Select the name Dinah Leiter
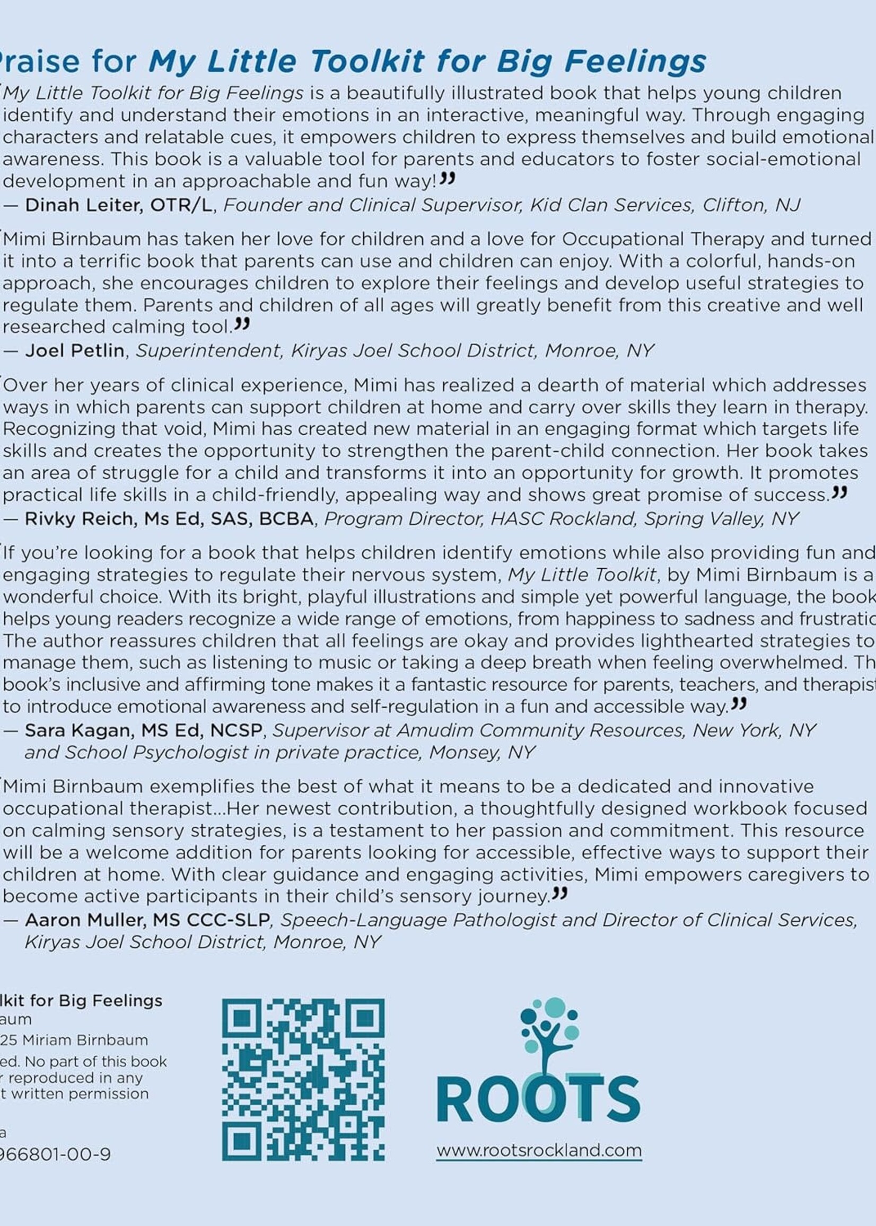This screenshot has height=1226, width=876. tap(84, 205)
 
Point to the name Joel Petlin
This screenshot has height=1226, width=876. tap(75, 351)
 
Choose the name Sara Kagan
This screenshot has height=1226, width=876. tap(79, 730)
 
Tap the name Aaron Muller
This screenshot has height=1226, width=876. tap(85, 920)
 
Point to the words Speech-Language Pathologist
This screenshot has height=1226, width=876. tap(418, 920)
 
